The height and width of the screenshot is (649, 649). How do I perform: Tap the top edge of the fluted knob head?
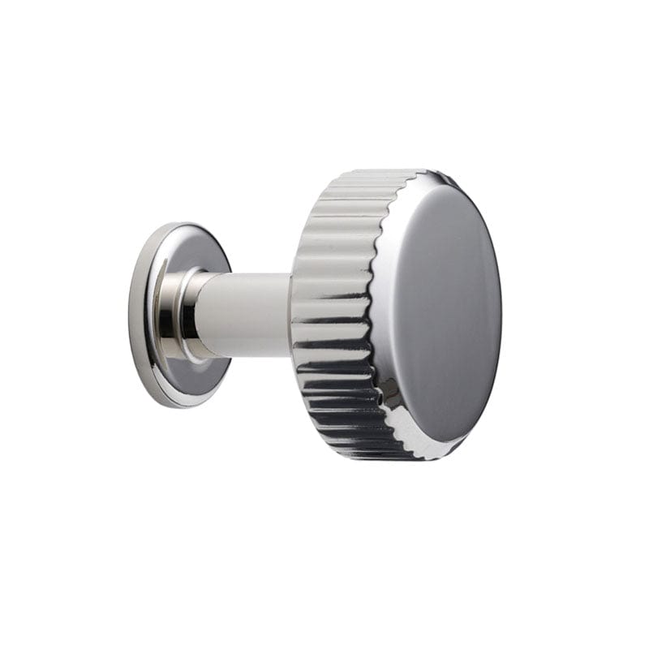(365, 174)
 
